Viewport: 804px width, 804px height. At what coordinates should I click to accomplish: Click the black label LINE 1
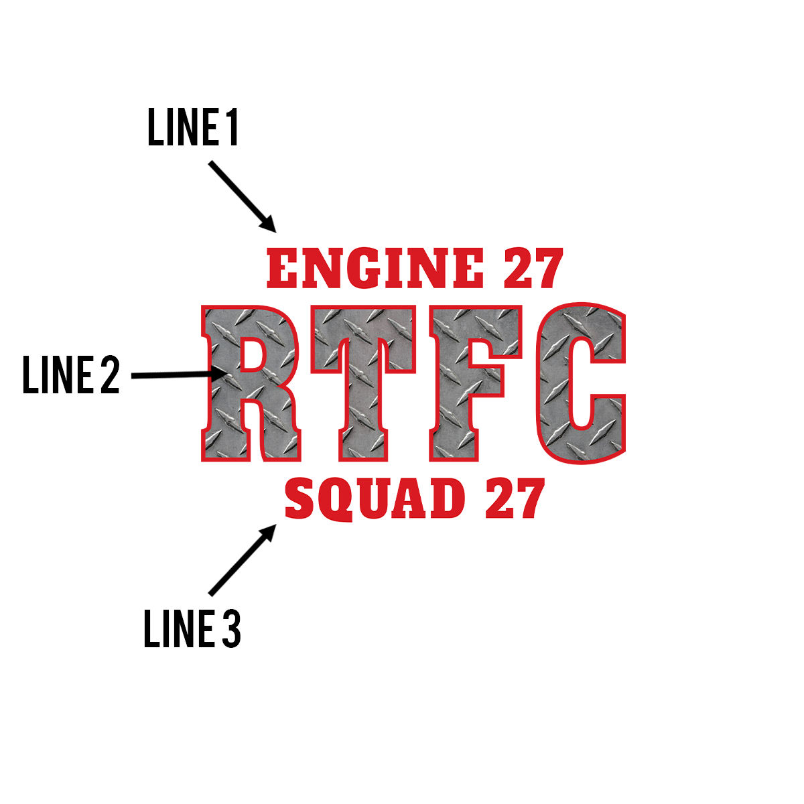[193, 128]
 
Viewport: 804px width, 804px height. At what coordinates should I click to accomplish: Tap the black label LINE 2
[71, 375]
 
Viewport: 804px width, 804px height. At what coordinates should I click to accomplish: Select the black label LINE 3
[192, 629]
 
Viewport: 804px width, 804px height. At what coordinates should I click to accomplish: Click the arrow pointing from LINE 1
[243, 196]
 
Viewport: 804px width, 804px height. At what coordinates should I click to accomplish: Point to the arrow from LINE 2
[178, 375]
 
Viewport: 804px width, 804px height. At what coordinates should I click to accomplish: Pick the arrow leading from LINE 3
[243, 559]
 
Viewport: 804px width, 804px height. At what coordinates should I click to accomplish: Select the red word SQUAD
[375, 499]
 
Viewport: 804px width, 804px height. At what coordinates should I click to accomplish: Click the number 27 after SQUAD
[515, 499]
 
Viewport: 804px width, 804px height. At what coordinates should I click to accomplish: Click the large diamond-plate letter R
[251, 383]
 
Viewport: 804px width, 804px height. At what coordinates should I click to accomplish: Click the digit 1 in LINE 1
[232, 128]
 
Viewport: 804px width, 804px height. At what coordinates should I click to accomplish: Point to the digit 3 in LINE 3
[230, 629]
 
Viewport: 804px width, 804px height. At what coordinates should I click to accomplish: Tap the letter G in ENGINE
[367, 268]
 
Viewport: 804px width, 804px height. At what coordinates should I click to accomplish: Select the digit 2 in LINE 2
[110, 375]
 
